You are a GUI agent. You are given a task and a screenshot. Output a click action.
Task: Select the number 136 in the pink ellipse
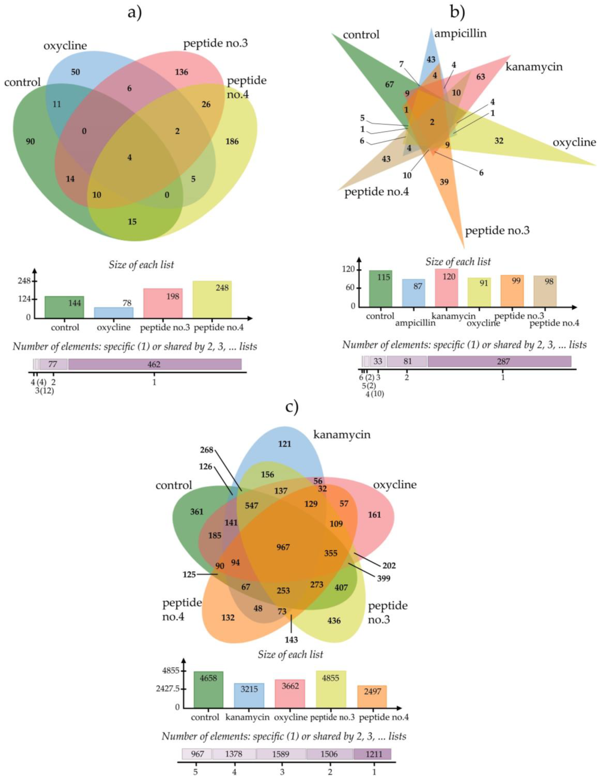pos(181,72)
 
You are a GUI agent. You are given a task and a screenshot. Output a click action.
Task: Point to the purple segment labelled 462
pos(154,364)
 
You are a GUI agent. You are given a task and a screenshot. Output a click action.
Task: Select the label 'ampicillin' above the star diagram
pos(460,34)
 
